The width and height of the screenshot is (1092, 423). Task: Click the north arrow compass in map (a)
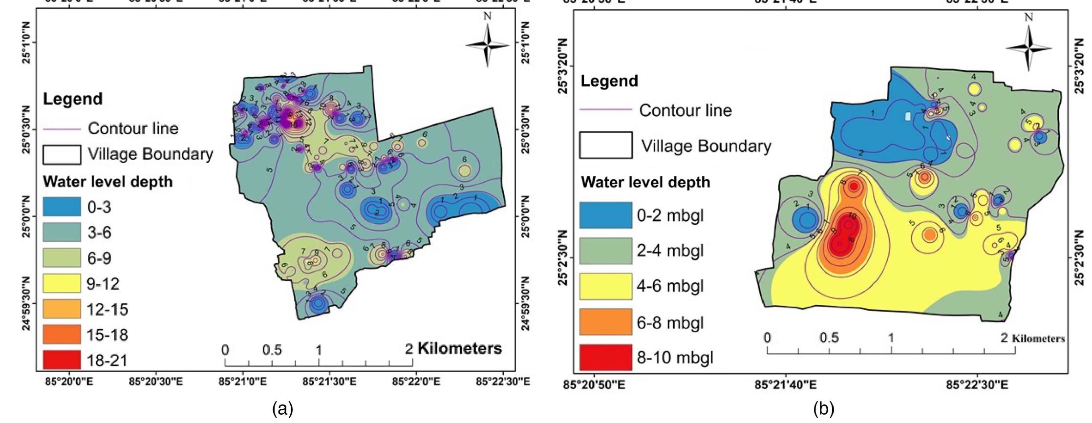pos(487,45)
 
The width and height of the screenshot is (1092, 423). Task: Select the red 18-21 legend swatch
pos(62,360)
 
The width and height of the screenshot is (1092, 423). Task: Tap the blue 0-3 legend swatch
pos(62,207)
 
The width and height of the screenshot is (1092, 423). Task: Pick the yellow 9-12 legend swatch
pos(62,283)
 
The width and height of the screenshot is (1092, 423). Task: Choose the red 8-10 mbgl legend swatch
pos(605,357)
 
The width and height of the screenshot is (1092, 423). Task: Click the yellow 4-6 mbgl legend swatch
pos(605,286)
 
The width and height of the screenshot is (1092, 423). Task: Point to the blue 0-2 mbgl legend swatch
pos(605,215)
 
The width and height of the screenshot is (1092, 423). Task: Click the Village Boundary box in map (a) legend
pos(62,154)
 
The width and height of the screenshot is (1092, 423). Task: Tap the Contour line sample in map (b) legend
pos(605,110)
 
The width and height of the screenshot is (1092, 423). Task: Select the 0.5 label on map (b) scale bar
pos(829,338)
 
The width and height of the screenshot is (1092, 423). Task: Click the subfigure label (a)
pos(282,408)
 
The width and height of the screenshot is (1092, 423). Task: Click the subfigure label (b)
pos(824,408)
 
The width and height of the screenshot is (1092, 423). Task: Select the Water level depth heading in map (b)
pos(645,182)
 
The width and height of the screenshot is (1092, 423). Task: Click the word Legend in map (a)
pos(73,99)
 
